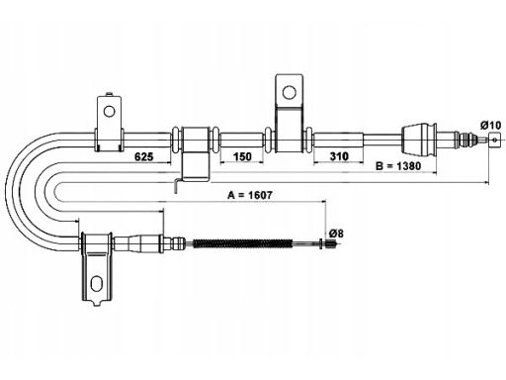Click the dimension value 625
144,156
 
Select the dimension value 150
242,156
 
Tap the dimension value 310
339,156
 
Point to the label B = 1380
398,166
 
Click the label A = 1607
250,195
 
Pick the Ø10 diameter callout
491,126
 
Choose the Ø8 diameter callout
336,234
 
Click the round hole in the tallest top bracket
289,93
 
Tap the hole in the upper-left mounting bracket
109,111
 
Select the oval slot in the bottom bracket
96,283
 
